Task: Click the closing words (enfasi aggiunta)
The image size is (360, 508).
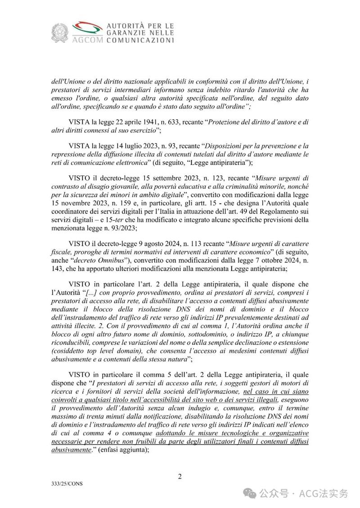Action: point(121,450)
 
